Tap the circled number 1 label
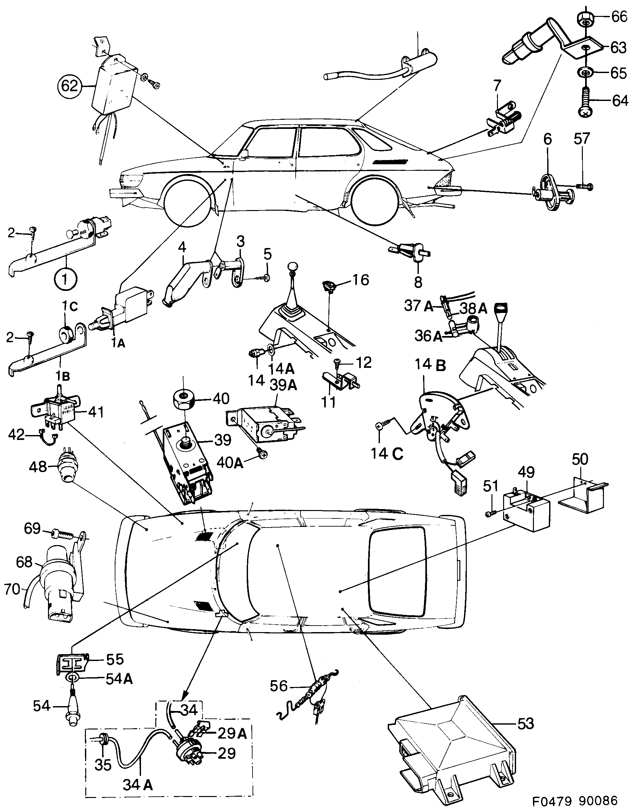[x=65, y=279]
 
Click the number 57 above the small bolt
[x=582, y=139]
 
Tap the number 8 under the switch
[x=418, y=282]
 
